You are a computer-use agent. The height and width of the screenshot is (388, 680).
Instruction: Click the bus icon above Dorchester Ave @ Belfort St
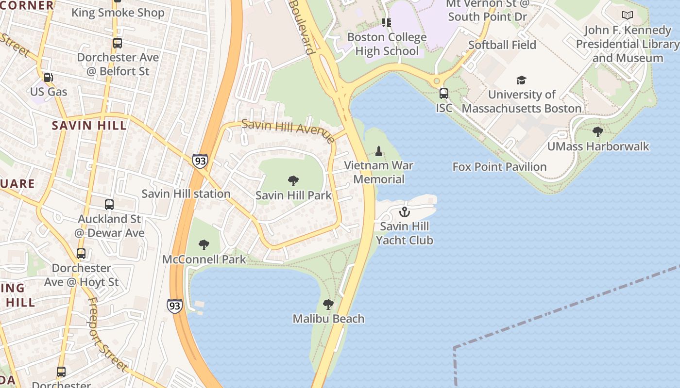117,43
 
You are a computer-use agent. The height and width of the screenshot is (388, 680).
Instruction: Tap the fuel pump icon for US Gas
48,78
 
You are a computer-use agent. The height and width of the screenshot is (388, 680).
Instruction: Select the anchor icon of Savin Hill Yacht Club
404,212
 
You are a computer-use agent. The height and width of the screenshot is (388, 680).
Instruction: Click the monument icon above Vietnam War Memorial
379,151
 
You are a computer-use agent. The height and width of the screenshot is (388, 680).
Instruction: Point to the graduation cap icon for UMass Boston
521,81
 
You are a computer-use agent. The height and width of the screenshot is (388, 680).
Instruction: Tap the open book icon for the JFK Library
628,16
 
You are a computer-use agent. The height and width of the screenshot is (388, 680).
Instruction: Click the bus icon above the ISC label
443,94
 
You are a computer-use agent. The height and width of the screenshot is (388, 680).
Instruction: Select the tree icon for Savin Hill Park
293,181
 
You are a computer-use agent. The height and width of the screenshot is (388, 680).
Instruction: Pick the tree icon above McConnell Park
204,245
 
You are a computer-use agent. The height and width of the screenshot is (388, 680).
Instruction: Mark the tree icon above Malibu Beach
328,305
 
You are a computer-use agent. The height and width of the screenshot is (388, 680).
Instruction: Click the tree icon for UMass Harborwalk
598,132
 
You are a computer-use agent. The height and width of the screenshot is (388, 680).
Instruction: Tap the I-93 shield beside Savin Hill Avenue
200,161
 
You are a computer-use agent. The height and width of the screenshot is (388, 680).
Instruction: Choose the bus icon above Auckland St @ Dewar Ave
109,205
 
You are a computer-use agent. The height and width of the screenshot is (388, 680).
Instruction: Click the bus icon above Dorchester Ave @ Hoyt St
81,254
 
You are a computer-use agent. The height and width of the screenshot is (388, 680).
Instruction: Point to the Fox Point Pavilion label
499,167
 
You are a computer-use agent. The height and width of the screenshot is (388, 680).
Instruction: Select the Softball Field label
502,45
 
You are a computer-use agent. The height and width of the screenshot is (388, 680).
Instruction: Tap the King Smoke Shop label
118,13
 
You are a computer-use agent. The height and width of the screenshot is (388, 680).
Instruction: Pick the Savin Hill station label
186,194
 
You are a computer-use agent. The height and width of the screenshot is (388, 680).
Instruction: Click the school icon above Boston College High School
387,23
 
